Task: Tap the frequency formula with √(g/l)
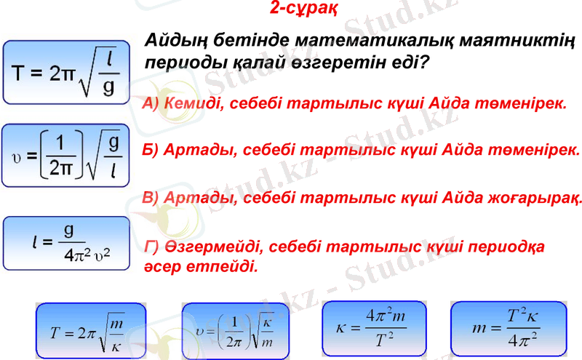click(x=65, y=156)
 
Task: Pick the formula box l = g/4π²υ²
click(x=65, y=240)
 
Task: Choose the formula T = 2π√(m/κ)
click(x=90, y=332)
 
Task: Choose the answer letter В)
click(x=152, y=198)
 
